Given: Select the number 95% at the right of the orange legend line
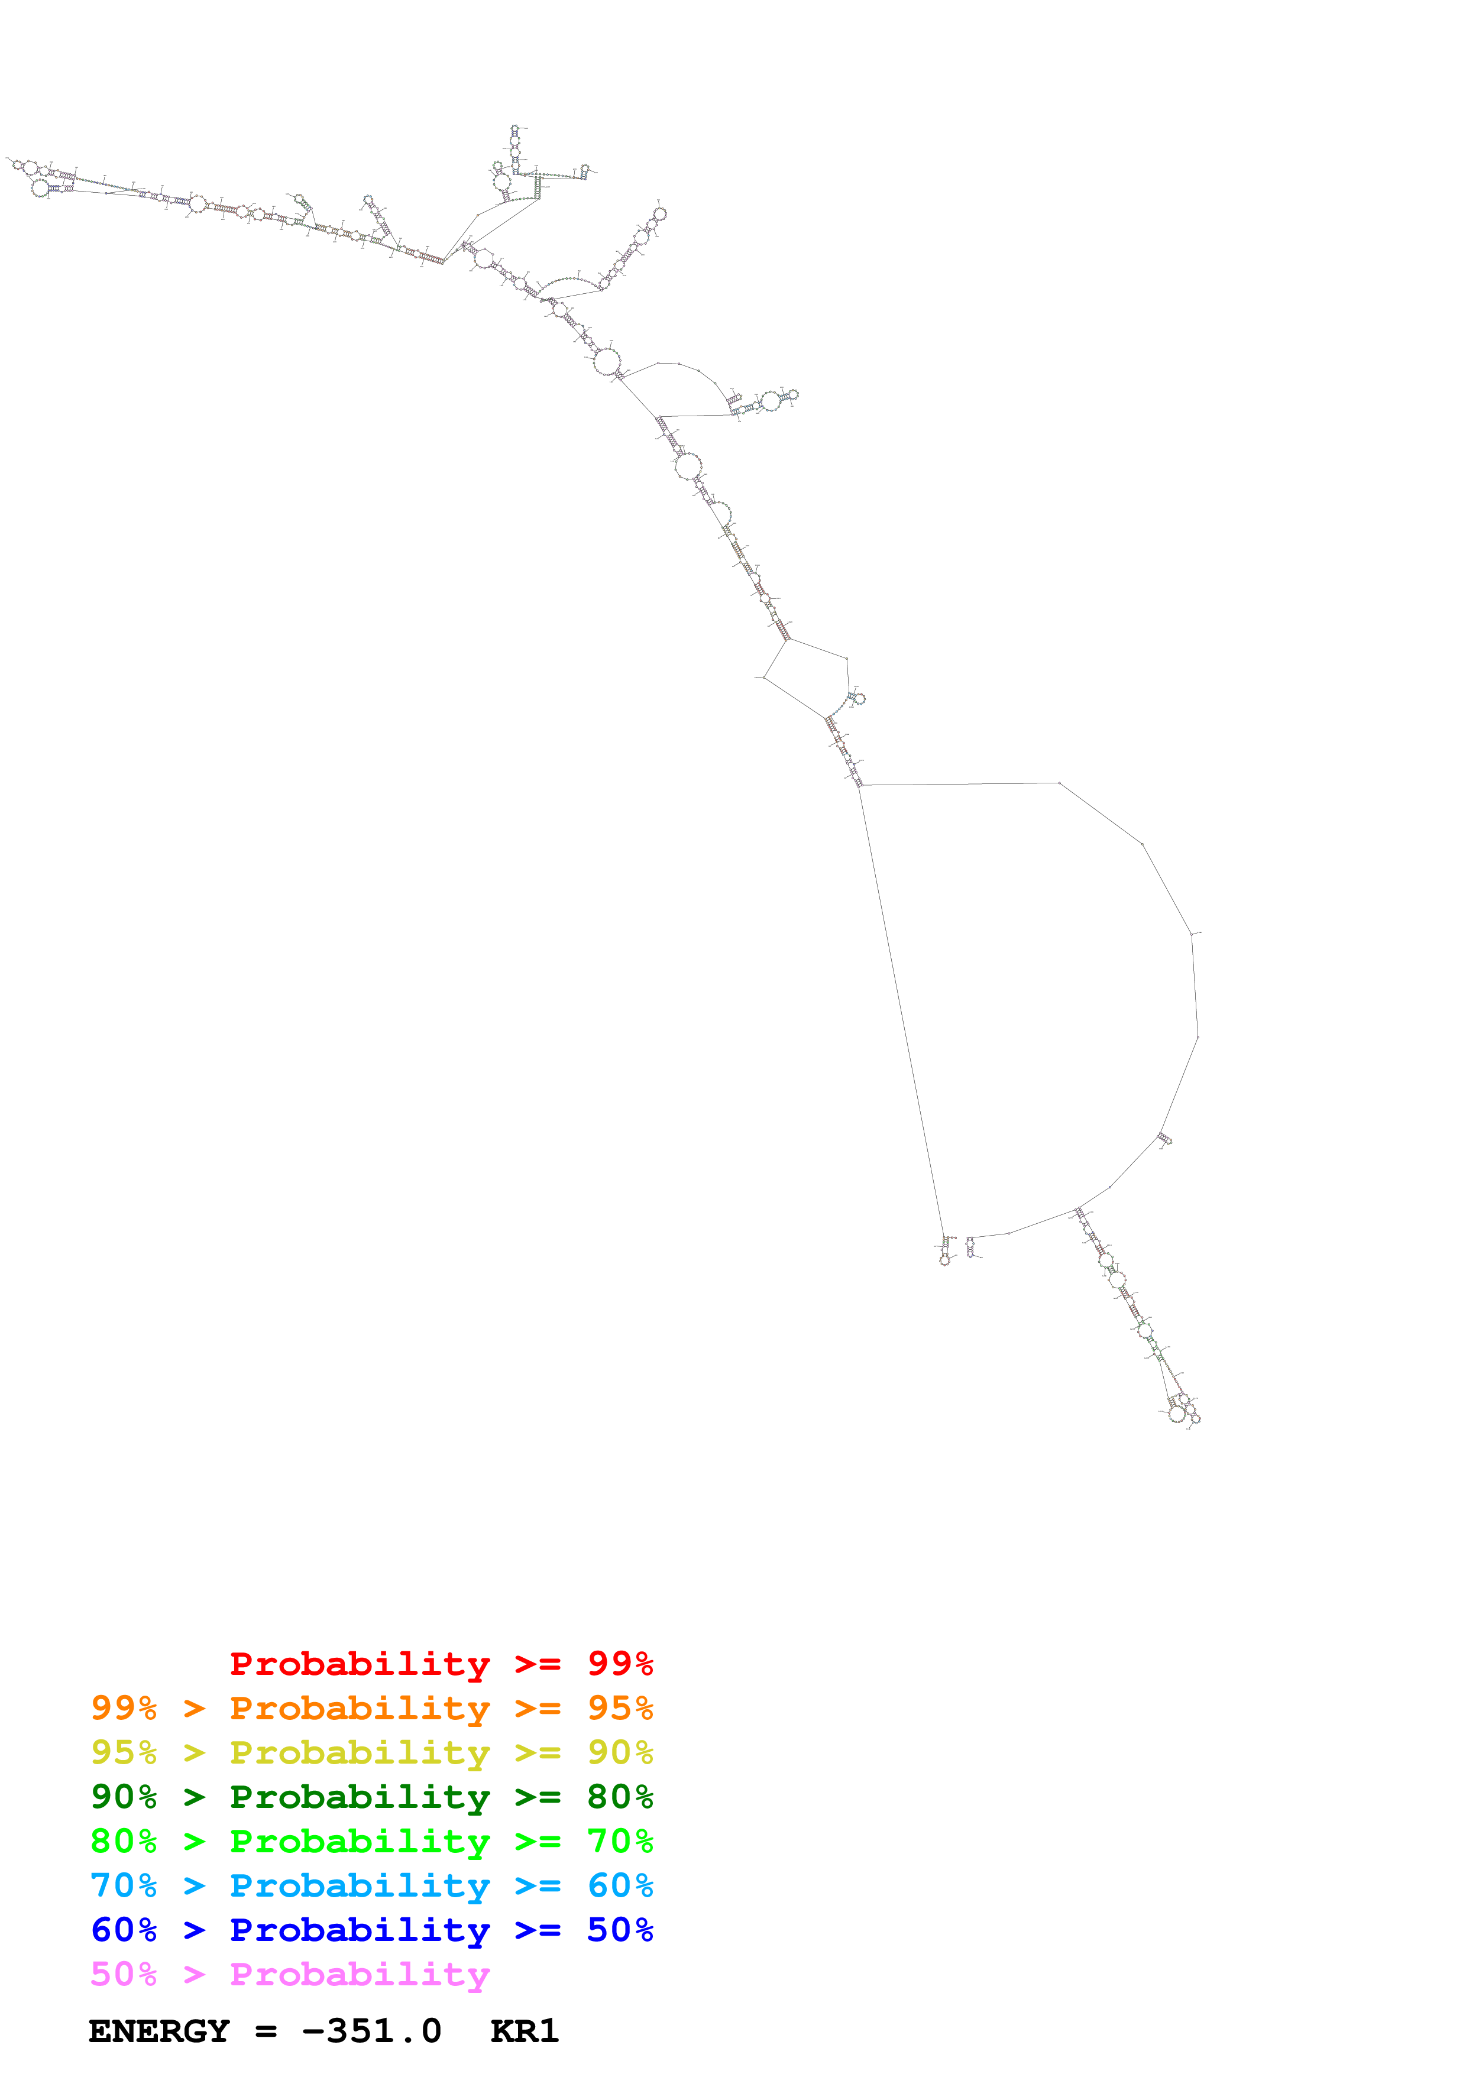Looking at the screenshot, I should click(x=620, y=1707).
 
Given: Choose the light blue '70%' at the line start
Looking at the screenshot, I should click(x=124, y=1885).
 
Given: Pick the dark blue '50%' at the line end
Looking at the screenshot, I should click(x=620, y=1930).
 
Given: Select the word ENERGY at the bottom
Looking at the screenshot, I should click(x=159, y=2031).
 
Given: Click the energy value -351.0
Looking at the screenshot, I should click(x=371, y=2031).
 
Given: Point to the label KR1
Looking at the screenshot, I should click(x=525, y=2031).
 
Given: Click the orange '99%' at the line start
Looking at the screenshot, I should click(x=124, y=1707).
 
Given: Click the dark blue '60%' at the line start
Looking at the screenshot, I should click(x=124, y=1930).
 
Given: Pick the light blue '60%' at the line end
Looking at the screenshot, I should click(x=620, y=1885).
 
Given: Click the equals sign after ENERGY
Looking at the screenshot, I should click(x=266, y=2031).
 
